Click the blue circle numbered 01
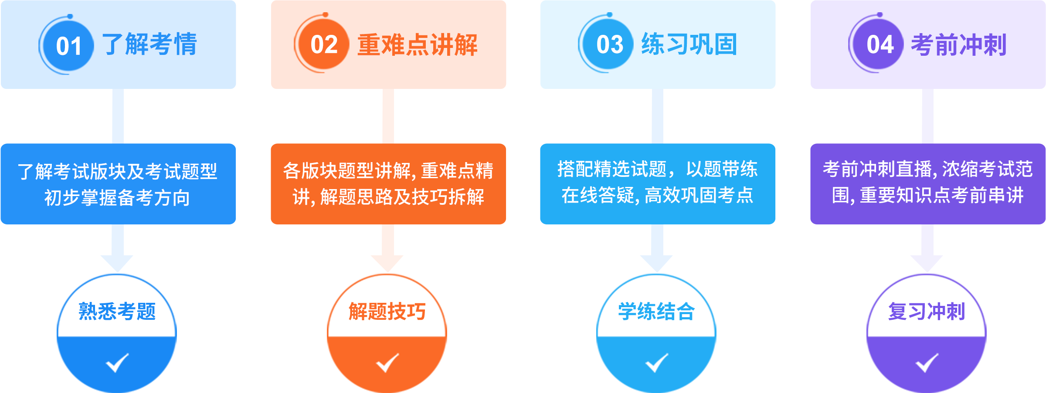click(x=69, y=45)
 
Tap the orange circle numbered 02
click(x=324, y=44)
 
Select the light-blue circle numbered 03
click(x=609, y=44)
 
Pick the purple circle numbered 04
click(x=880, y=44)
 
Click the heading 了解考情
click(x=149, y=44)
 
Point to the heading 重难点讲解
click(x=417, y=45)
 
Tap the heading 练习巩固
click(x=689, y=44)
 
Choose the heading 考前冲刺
click(x=958, y=45)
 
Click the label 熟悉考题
click(x=117, y=312)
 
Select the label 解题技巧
click(x=387, y=312)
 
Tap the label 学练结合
click(x=656, y=312)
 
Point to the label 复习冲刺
click(x=927, y=312)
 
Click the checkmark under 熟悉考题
click(x=117, y=363)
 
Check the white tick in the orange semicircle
click(x=387, y=363)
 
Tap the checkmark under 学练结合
click(x=656, y=363)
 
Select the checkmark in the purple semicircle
click(x=927, y=363)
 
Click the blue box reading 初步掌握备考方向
click(x=118, y=184)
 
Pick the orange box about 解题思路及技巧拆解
click(x=388, y=184)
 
